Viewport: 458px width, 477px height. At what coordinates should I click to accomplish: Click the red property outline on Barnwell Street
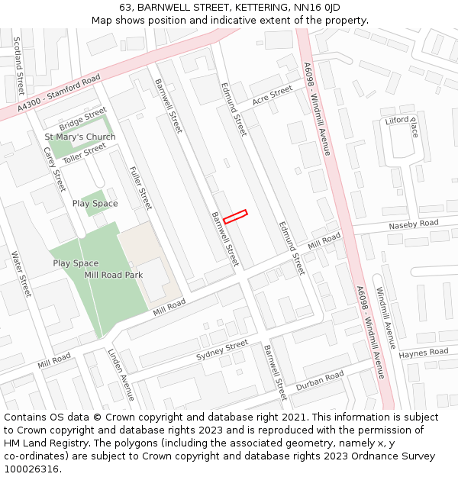(235, 216)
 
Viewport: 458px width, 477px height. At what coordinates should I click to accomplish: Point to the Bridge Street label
(82, 120)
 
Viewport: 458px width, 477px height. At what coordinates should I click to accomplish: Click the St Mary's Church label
(80, 137)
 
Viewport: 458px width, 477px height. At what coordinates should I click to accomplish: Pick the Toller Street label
(84, 153)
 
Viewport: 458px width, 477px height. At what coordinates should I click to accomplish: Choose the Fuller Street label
(140, 188)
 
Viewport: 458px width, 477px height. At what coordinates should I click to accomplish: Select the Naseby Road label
(414, 224)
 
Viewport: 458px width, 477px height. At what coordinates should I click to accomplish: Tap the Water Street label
(21, 274)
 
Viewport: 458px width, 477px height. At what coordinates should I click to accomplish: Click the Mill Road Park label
(114, 275)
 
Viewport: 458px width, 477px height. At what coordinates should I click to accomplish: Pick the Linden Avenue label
(121, 375)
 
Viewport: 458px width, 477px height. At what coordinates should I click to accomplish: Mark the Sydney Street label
(222, 351)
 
